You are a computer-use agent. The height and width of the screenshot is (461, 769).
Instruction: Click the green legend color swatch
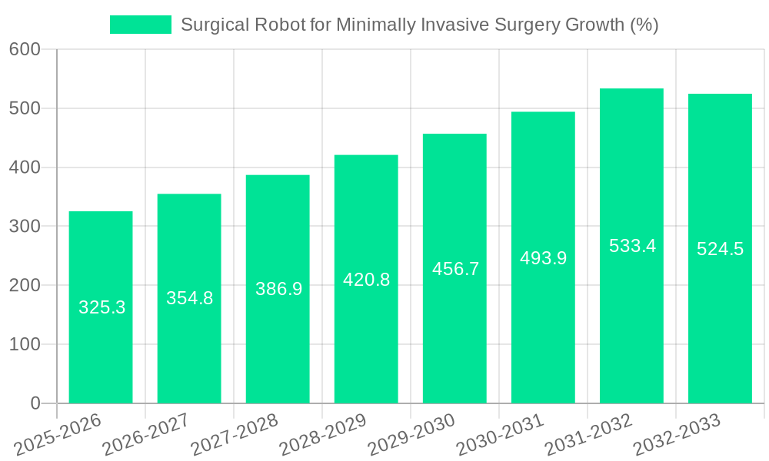pyautogui.click(x=141, y=25)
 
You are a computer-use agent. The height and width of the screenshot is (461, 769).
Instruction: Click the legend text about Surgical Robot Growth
pyautogui.click(x=419, y=25)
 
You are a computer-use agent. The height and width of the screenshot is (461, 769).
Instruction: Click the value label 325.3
pyautogui.click(x=102, y=307)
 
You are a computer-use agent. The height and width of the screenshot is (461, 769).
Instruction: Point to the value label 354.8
pyautogui.click(x=189, y=298)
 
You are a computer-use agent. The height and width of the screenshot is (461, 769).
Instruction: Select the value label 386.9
pyautogui.click(x=278, y=289)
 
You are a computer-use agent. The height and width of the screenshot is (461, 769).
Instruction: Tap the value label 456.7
pyautogui.click(x=455, y=269)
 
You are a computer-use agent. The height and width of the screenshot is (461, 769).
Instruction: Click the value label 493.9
pyautogui.click(x=543, y=258)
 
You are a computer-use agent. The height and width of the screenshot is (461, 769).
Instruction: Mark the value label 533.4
pyautogui.click(x=632, y=246)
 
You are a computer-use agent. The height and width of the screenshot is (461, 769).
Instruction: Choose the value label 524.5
pyautogui.click(x=720, y=249)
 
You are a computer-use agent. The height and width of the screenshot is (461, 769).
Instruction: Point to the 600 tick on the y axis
pyautogui.click(x=25, y=49)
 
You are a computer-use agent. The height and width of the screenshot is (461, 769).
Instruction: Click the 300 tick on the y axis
pyautogui.click(x=25, y=227)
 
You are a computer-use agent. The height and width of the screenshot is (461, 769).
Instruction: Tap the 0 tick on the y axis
pyautogui.click(x=35, y=403)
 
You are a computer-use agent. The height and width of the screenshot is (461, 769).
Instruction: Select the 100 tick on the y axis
pyautogui.click(x=25, y=344)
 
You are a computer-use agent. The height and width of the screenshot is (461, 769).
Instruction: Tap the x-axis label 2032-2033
pyautogui.click(x=677, y=435)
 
